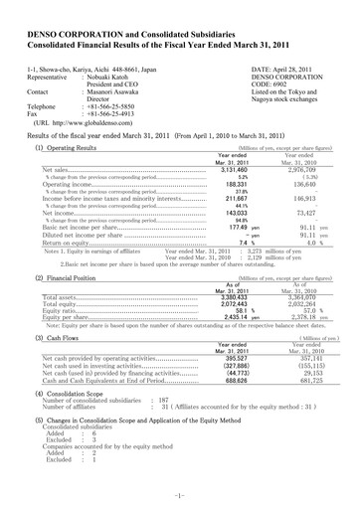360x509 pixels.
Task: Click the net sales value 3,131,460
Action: [259, 169]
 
